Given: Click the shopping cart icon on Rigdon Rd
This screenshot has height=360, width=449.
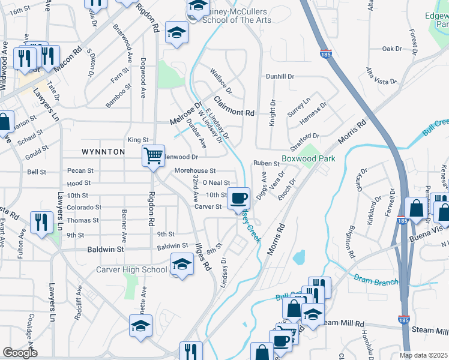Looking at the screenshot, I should (x=154, y=156).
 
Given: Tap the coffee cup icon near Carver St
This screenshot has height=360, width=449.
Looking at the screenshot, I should (x=239, y=197).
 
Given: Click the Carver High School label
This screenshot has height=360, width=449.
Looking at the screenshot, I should (x=131, y=269).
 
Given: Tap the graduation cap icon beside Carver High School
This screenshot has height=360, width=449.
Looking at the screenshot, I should (x=181, y=263).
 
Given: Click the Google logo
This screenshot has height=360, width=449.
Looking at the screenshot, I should (x=20, y=353).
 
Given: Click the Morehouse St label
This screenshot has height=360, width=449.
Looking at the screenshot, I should (x=195, y=171).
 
